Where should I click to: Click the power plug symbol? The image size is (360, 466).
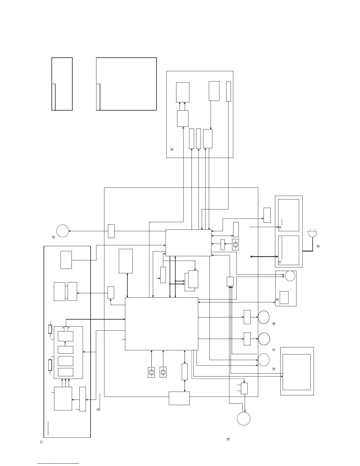312,234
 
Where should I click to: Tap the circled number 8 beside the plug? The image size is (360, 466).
318,246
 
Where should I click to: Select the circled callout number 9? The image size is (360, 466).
277,299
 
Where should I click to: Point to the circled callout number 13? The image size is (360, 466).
228,439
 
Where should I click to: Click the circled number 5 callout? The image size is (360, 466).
172,149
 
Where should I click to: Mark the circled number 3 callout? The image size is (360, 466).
98,409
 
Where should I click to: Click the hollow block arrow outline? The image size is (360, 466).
66,328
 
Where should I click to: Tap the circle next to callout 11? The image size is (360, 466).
264,339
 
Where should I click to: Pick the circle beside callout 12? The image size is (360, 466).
264,360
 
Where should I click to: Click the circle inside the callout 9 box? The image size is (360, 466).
290,276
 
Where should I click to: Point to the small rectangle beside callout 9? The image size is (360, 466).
284,297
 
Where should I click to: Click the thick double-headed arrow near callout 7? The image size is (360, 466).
264,257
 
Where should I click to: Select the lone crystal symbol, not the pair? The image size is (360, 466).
235,245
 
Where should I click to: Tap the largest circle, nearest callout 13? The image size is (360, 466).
244,419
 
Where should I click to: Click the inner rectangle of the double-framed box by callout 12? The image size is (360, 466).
296,372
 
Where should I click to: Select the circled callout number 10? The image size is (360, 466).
274,324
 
